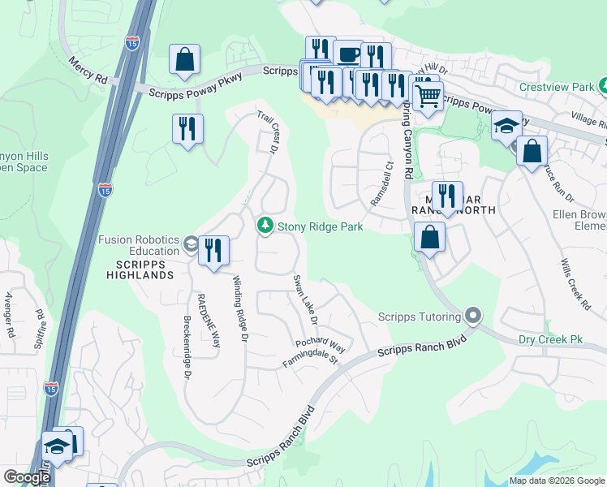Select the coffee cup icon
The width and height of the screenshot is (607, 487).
(x=348, y=55)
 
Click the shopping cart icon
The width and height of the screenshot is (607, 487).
(x=428, y=96)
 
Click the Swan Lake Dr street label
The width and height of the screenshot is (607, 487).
(x=305, y=298)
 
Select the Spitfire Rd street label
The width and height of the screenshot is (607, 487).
(x=38, y=323)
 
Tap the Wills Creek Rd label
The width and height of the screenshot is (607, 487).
(x=575, y=284)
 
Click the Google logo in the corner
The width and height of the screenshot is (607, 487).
(x=27, y=478)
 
